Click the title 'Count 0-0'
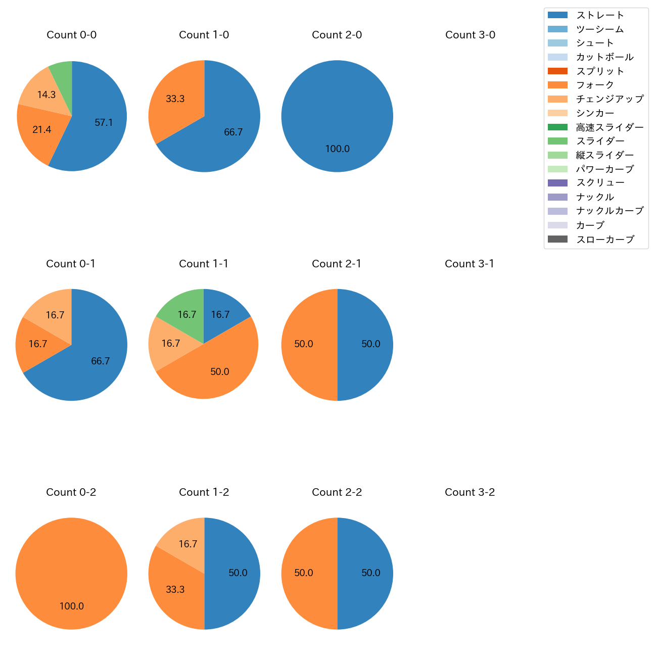click(x=72, y=35)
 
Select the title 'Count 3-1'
click(x=470, y=264)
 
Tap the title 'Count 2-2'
click(x=337, y=492)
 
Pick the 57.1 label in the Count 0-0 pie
click(x=104, y=122)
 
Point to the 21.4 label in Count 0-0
click(x=42, y=130)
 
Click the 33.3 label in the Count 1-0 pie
click(x=175, y=99)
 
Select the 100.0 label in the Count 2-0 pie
click(x=337, y=149)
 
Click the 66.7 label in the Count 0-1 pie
click(x=101, y=361)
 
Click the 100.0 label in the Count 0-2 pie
click(x=72, y=606)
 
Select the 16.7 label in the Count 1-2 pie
click(x=188, y=544)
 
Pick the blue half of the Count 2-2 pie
click(x=366, y=574)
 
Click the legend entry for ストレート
click(x=600, y=15)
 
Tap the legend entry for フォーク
click(x=595, y=85)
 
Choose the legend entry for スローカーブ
click(x=605, y=240)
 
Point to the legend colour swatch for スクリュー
click(x=558, y=183)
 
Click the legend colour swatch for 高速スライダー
click(x=558, y=127)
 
